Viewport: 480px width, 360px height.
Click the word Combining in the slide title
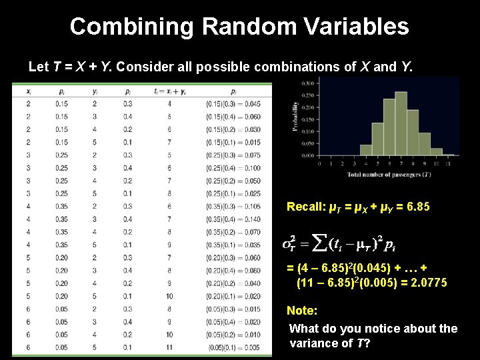tap(131, 27)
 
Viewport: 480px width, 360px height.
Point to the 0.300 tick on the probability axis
tap(309, 83)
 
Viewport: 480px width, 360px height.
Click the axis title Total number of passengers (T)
tap(389, 175)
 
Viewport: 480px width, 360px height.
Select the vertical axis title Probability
tap(295, 117)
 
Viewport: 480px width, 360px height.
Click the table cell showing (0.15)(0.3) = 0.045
tap(233, 103)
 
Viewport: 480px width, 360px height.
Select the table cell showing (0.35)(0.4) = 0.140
tap(233, 218)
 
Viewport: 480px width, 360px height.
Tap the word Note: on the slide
tap(301, 311)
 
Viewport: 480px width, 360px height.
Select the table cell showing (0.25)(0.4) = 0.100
tap(233, 168)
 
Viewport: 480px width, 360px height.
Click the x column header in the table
tap(29, 91)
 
